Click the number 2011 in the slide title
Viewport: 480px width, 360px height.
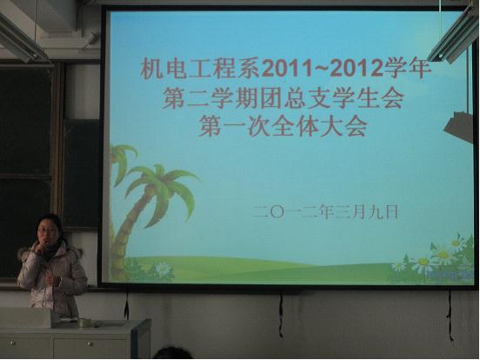[287, 69]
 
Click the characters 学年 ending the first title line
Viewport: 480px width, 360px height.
[407, 69]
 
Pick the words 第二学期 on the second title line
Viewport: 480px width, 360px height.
[210, 98]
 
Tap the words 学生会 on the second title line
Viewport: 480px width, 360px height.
[367, 98]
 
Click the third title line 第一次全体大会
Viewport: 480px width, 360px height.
[283, 126]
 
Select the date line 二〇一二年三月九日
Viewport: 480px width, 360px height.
[325, 211]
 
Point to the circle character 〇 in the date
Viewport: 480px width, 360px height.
[277, 212]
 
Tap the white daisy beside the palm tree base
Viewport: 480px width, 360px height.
[162, 269]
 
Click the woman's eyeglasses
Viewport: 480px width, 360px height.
[47, 231]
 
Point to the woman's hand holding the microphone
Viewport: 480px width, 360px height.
[39, 246]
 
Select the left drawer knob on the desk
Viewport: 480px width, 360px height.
[12, 343]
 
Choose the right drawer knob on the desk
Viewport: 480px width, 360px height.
[90, 344]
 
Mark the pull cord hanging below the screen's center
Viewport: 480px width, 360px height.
[281, 316]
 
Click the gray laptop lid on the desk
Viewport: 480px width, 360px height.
[25, 317]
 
